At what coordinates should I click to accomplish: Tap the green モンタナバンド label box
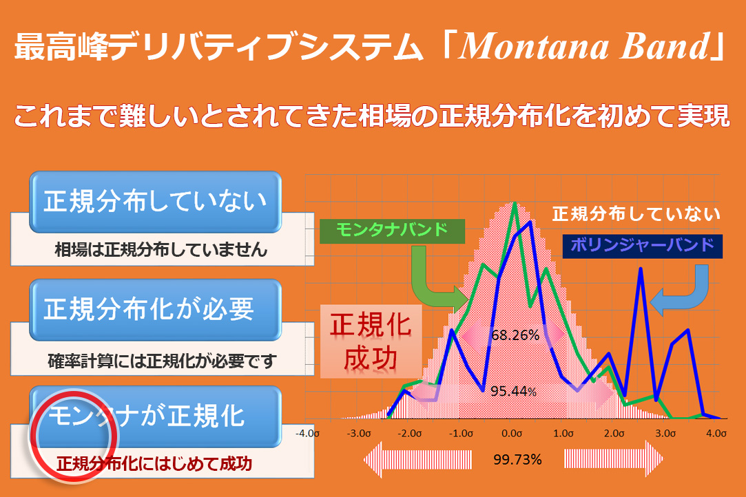(392, 231)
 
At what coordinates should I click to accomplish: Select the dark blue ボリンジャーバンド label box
(642, 246)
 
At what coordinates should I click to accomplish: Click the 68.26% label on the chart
(515, 335)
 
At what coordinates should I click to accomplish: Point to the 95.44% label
(513, 392)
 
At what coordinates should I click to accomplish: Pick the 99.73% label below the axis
(517, 459)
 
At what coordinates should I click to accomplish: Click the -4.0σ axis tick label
(307, 434)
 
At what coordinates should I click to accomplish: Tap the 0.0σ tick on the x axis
(512, 434)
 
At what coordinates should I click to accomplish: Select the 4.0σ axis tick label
(716, 434)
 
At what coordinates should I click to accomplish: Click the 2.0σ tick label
(614, 434)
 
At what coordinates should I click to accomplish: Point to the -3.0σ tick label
(358, 434)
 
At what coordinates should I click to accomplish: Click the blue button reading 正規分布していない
(156, 202)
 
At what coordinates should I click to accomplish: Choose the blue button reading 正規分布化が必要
(156, 310)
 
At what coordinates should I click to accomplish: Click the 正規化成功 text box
(371, 341)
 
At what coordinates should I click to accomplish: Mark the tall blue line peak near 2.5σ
(641, 269)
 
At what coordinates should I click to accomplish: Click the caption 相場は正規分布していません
(161, 249)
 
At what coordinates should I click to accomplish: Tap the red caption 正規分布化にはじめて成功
(154, 464)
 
